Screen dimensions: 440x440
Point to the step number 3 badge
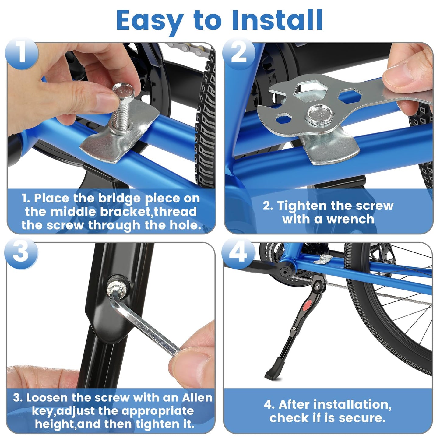click(x=21, y=252)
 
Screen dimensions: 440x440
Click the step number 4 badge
click(x=238, y=252)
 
